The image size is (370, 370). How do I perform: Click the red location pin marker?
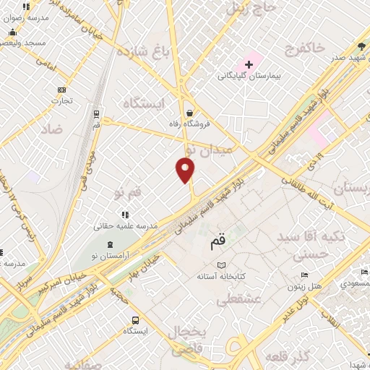(186, 170)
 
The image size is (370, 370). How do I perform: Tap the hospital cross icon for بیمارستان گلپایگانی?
(249, 64)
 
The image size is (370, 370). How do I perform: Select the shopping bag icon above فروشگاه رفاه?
(189, 113)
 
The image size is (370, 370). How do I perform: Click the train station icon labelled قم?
(96, 113)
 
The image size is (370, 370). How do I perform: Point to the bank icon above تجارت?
(61, 90)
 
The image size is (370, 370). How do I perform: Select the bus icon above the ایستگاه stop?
(135, 320)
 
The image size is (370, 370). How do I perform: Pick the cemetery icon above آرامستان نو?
(110, 245)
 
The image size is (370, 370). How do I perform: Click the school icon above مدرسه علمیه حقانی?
(125, 215)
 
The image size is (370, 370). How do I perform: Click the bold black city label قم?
(218, 244)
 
